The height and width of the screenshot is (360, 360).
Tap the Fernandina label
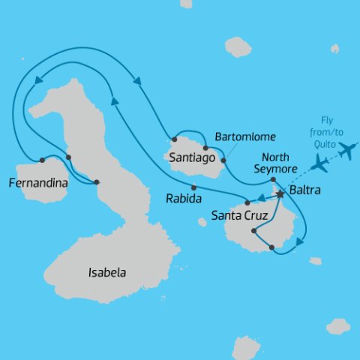tap(36, 182)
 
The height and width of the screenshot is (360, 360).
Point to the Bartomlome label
tap(245, 137)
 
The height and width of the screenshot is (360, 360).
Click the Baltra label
tap(305, 190)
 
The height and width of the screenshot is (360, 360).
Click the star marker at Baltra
tap(280, 194)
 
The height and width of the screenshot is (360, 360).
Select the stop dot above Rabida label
tap(193, 187)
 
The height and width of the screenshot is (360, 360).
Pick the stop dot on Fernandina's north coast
tap(43, 160)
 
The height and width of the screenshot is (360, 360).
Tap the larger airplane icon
tap(346, 151)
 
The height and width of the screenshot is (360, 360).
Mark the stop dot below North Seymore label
tap(273, 179)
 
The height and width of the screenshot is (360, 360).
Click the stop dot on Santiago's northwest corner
tap(174, 139)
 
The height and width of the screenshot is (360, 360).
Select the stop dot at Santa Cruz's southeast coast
tap(271, 247)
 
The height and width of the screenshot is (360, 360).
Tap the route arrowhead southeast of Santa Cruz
tap(301, 241)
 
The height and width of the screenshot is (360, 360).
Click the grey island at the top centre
tap(238, 47)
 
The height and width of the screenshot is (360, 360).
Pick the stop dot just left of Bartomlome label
tap(205, 148)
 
